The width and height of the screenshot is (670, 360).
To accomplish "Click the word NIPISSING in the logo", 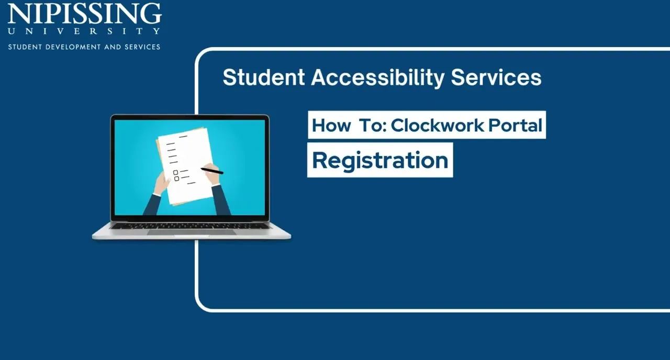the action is (x=85, y=13).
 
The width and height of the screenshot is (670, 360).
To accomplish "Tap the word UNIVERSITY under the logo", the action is (x=84, y=31).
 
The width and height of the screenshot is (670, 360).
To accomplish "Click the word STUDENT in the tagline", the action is (x=25, y=47).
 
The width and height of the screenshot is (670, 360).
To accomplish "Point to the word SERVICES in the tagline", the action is (x=142, y=47).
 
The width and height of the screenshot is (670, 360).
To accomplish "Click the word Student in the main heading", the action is (x=264, y=77).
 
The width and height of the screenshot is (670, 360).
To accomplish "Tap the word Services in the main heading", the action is (x=496, y=77).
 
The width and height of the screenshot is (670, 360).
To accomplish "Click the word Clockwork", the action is (x=437, y=125).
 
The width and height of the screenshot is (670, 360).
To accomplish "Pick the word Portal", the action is (x=515, y=125).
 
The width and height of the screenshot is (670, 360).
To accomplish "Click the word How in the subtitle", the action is (x=331, y=125).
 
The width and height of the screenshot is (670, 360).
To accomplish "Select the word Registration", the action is (x=380, y=161).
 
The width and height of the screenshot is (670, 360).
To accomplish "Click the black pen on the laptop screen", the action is (x=212, y=171).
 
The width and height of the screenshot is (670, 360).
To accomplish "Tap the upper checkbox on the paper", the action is (x=175, y=173).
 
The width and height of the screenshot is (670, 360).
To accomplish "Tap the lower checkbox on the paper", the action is (x=177, y=178).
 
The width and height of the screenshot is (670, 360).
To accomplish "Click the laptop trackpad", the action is (x=192, y=232).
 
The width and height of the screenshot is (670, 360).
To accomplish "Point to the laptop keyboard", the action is (x=191, y=226).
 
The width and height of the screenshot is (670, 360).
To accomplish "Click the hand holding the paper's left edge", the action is (x=162, y=183).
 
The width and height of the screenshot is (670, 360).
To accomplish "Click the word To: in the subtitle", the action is (x=373, y=125).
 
